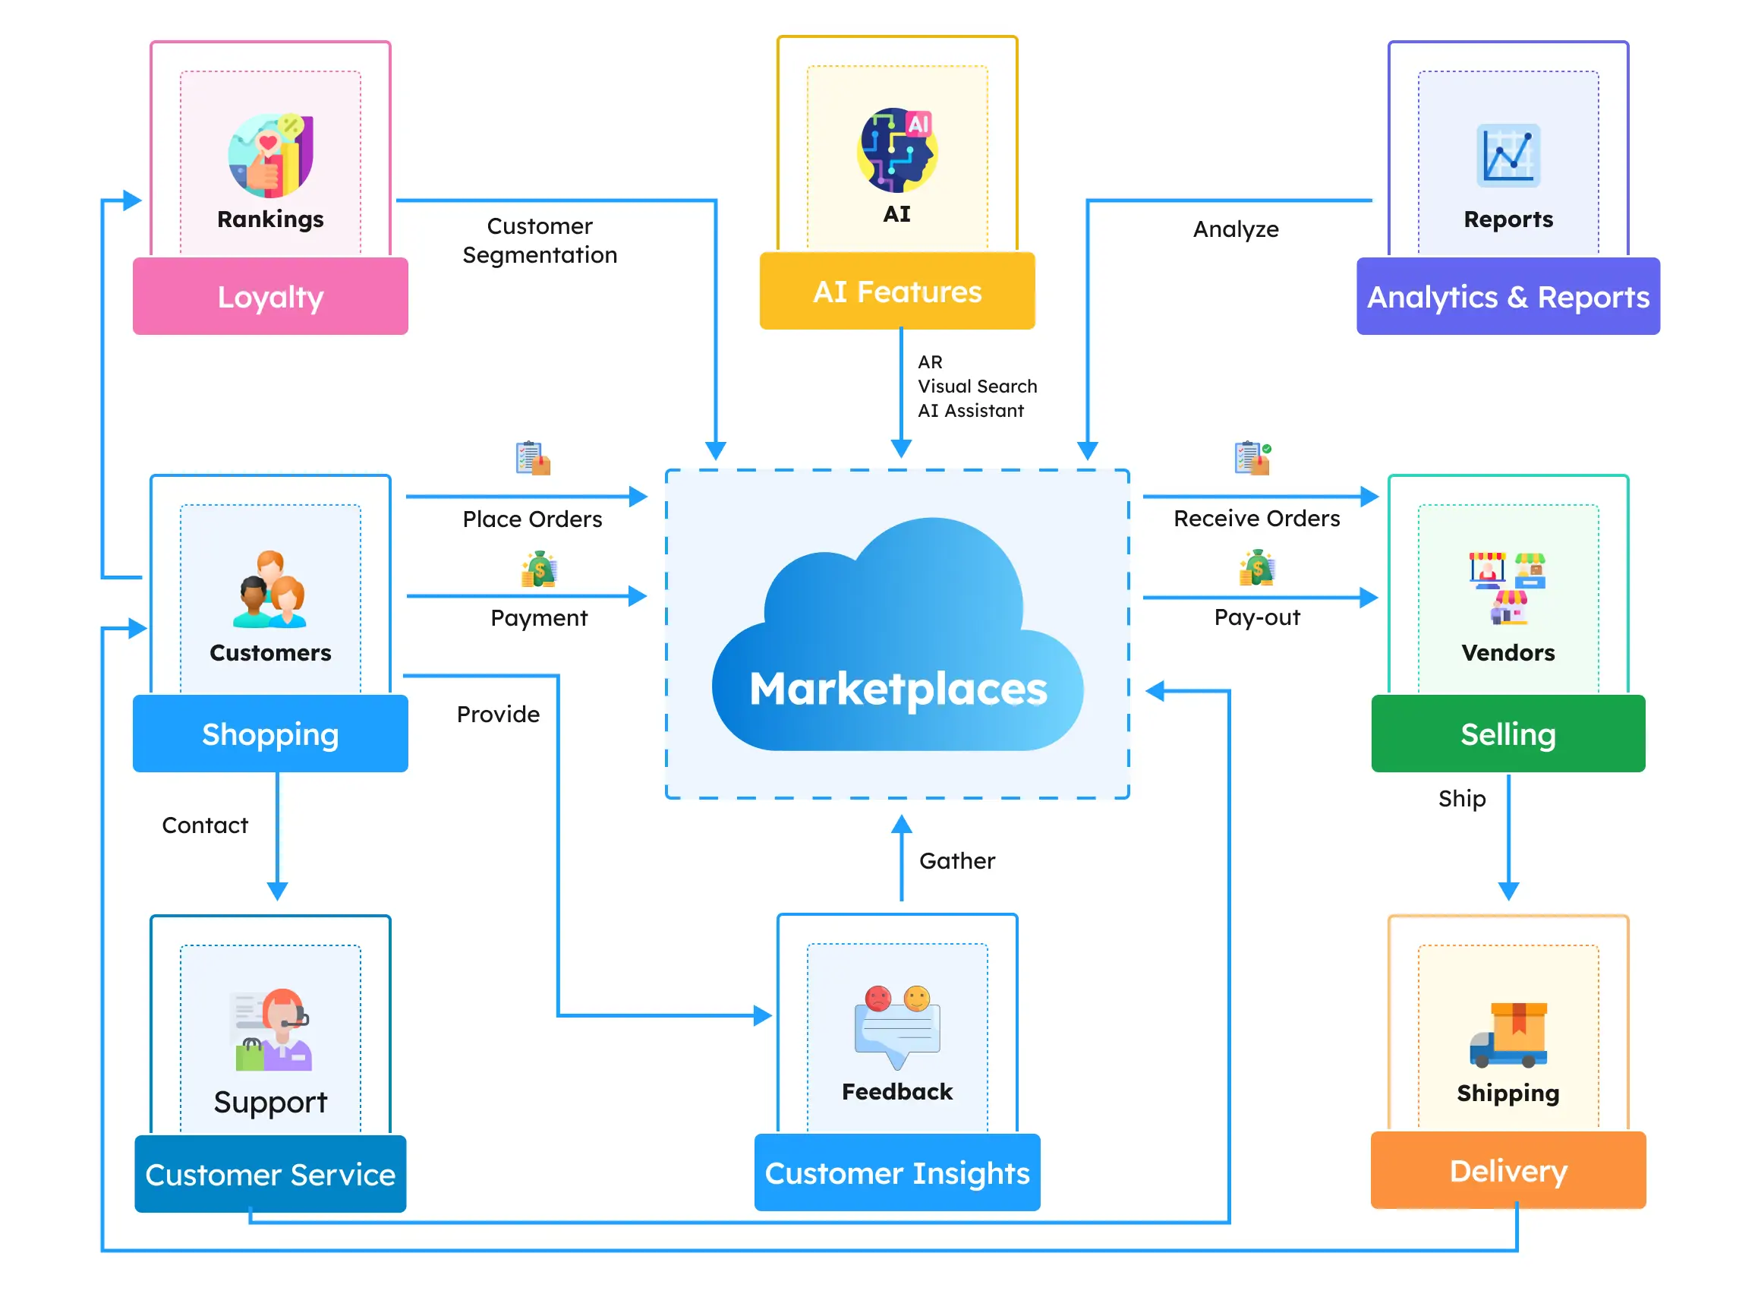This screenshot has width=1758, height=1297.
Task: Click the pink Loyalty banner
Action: click(271, 298)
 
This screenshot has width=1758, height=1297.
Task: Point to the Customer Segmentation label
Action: click(540, 241)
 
